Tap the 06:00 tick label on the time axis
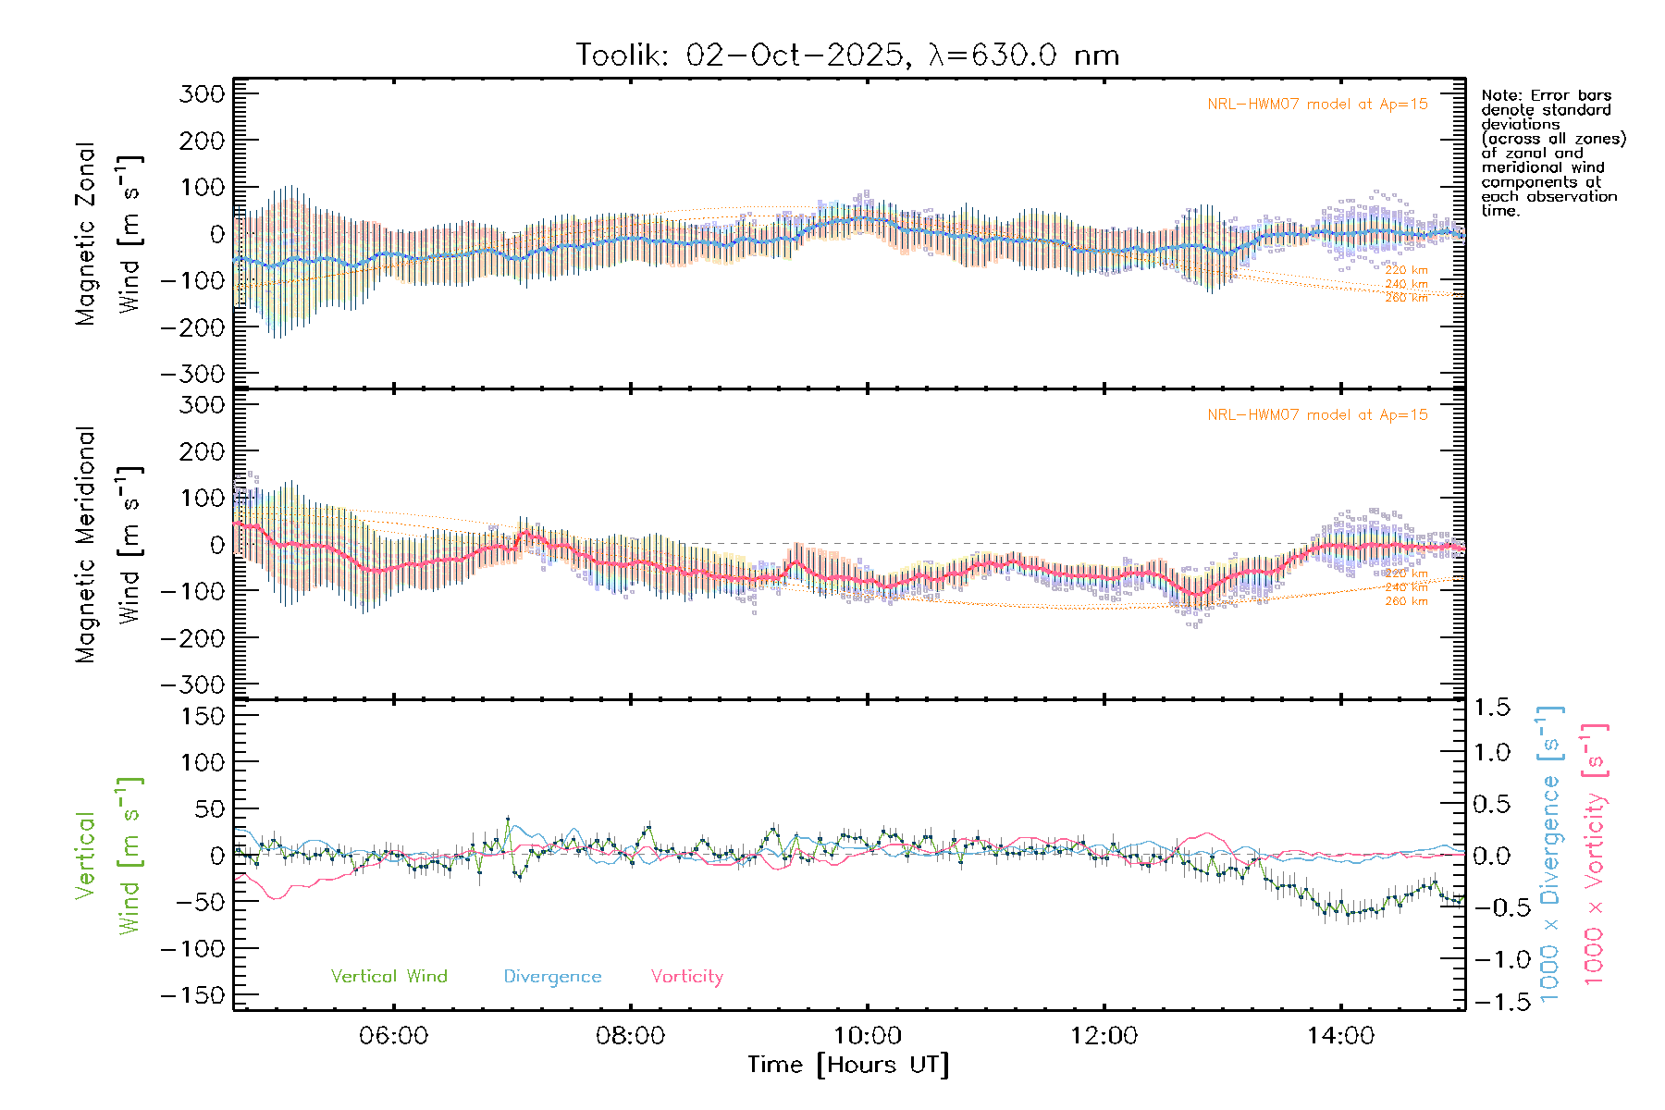coord(393,1035)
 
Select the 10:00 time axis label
coord(867,1035)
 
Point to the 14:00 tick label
coord(1340,1035)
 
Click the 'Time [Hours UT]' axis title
coord(848,1065)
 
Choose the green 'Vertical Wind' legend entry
coord(388,976)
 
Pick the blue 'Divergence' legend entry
coord(552,976)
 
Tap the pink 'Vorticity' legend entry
coord(686,976)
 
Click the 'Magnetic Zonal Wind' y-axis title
coord(109,234)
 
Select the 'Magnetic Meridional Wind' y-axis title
coord(109,544)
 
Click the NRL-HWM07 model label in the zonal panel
coord(1317,105)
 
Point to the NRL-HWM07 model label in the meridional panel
coord(1317,415)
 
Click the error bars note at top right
coord(1552,153)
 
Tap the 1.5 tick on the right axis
coord(1492,708)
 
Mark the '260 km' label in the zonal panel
coord(1406,298)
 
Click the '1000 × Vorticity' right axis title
coord(1595,854)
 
